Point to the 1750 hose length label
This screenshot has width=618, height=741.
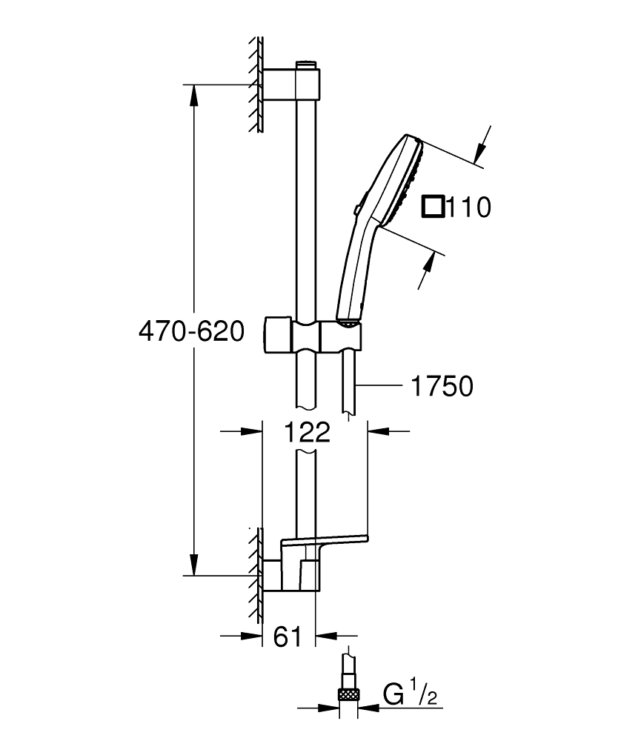point(441,385)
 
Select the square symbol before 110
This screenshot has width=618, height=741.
point(433,207)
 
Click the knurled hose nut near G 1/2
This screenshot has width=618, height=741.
point(348,694)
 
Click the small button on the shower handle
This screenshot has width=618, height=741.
point(358,210)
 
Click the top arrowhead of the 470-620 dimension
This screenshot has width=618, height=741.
point(193,93)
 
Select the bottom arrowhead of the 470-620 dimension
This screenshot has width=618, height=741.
point(193,568)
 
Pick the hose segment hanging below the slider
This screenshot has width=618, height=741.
point(349,378)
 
